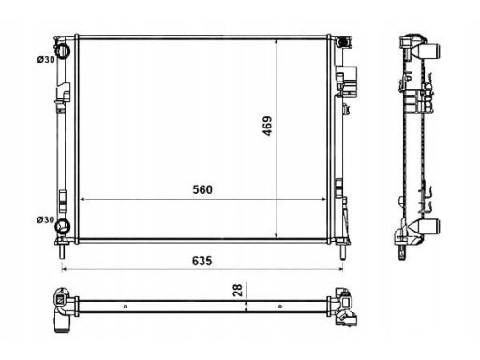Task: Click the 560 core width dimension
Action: [x=202, y=189]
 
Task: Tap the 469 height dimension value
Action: [x=267, y=126]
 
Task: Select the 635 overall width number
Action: [x=202, y=261]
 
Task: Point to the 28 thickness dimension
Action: [x=238, y=290]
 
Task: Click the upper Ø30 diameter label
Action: [x=46, y=59]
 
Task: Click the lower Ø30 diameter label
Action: [x=46, y=220]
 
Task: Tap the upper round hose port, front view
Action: [x=63, y=51]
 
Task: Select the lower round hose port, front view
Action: [x=62, y=226]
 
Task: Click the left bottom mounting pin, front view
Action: [x=62, y=251]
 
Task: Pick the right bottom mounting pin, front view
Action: [x=342, y=251]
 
